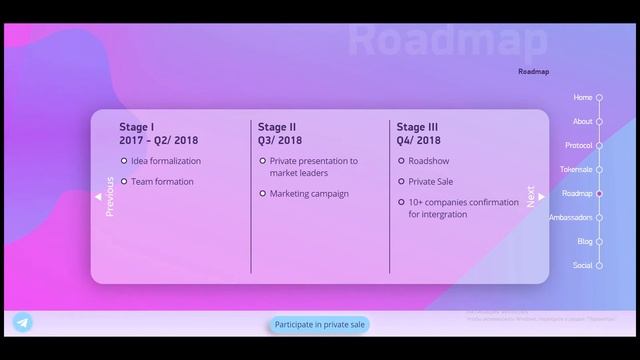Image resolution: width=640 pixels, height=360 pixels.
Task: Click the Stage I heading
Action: (x=137, y=127)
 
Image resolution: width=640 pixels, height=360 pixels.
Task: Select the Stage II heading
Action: (x=277, y=127)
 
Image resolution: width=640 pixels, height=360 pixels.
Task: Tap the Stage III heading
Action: (x=417, y=127)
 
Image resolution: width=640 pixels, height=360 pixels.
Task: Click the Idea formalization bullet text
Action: (x=165, y=161)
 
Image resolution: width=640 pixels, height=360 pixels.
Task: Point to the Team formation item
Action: (x=162, y=182)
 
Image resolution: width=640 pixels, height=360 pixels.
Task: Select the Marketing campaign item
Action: (x=309, y=194)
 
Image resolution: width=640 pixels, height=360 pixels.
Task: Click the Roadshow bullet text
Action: (x=428, y=161)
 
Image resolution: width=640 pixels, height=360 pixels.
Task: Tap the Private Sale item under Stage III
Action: (x=430, y=182)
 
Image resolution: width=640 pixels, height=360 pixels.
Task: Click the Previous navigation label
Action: (x=110, y=196)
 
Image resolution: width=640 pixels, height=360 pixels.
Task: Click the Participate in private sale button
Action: (x=320, y=324)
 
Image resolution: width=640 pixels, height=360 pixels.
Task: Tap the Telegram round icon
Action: (x=22, y=322)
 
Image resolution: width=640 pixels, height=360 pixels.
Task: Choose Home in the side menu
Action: (x=583, y=98)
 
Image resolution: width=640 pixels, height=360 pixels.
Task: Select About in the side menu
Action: (x=583, y=122)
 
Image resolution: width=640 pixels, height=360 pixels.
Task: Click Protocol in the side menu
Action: (x=579, y=146)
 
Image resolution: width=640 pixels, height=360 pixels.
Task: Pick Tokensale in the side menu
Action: (x=576, y=170)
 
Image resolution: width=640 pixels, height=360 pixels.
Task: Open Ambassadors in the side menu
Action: (x=571, y=218)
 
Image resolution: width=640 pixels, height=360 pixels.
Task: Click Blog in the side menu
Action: (x=584, y=242)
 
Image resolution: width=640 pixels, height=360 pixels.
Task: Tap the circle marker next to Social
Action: (x=600, y=266)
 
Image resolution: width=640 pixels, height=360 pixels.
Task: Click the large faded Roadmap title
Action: (x=448, y=41)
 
